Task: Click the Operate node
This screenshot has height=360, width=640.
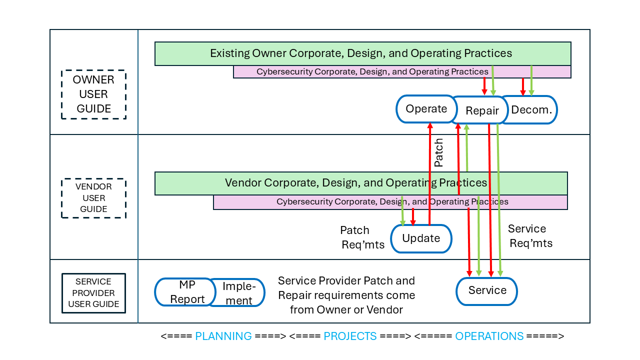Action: tap(426, 109)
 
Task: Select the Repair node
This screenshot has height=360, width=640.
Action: tap(482, 110)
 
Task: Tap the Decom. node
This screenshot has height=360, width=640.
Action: tap(531, 109)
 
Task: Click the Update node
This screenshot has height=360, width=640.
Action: tap(421, 238)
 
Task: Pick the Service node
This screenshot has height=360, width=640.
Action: tap(487, 290)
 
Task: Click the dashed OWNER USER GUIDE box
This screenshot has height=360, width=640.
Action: tap(93, 94)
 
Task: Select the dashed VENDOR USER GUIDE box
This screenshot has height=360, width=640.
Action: tap(93, 198)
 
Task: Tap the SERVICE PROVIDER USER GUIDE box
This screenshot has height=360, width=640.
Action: tap(93, 293)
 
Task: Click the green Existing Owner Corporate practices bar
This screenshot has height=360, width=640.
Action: tap(362, 53)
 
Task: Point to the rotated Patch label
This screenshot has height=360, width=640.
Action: tap(438, 153)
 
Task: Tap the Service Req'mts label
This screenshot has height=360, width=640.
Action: tap(529, 236)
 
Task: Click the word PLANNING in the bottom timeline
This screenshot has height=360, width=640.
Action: tap(223, 336)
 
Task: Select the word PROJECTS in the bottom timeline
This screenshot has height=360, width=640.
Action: tap(350, 336)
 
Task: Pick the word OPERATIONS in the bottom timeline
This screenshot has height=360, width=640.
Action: tap(489, 336)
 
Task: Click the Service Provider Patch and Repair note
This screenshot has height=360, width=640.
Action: tap(346, 295)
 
